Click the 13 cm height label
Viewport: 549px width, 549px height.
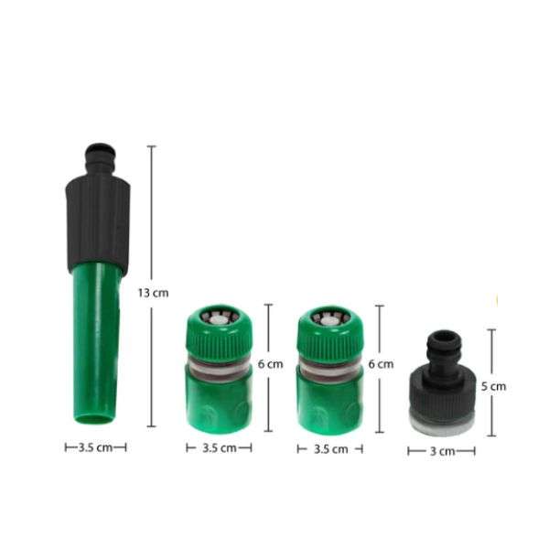pos(153,293)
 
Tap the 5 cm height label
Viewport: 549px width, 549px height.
pos(494,386)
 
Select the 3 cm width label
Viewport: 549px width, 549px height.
pos(443,451)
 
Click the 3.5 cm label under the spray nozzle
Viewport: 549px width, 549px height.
pos(95,447)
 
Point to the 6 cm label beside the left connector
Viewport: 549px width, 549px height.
pos(270,364)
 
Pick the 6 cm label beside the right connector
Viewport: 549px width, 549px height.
pos(381,364)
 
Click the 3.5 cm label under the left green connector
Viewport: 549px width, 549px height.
pos(220,447)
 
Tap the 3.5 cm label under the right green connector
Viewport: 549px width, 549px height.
pos(331,449)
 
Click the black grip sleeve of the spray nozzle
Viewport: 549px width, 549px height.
pos(98,222)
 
